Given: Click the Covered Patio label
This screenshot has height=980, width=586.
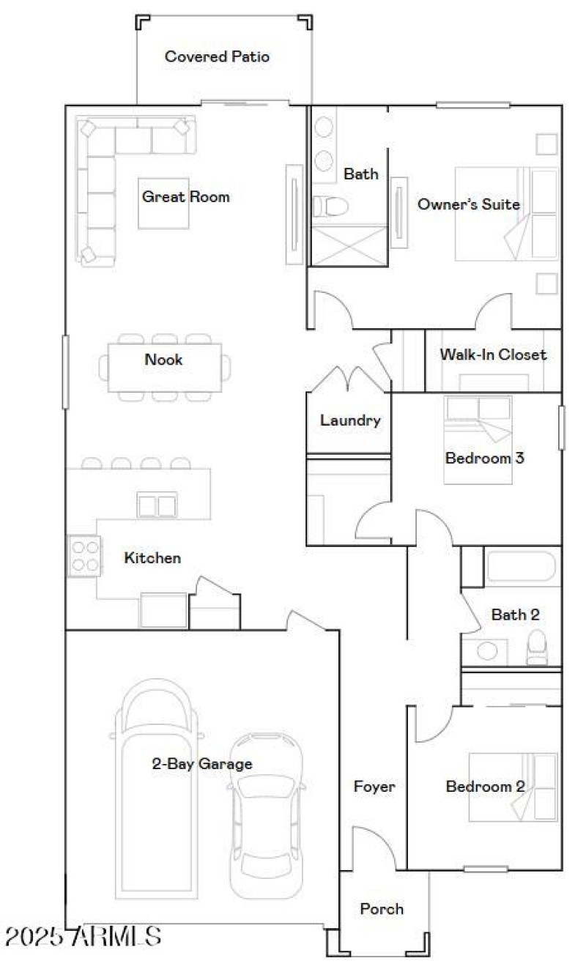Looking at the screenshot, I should pos(217,56).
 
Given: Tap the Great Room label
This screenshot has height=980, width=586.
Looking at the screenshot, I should pos(185,196).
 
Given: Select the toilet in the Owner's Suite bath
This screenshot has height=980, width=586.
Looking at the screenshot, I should pos(329,206).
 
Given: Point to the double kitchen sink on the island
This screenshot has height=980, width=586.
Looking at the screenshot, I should pos(157,505).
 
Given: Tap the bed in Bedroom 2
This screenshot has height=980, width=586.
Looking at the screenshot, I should pos(513,787).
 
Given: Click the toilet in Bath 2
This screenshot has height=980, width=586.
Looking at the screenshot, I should pos(537,647).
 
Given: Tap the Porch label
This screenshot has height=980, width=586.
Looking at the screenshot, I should pos(382,909).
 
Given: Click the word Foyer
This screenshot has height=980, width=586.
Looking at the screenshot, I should pos(374,787).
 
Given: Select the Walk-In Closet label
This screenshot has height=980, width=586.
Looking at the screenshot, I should pos(493,354).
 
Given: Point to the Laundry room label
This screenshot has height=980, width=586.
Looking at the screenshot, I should pos(350,420).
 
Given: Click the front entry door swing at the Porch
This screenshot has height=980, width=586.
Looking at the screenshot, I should pos(374,850).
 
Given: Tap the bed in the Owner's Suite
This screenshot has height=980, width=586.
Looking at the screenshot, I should pos(506,214).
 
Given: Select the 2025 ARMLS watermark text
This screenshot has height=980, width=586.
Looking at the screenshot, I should pos(83,935).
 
